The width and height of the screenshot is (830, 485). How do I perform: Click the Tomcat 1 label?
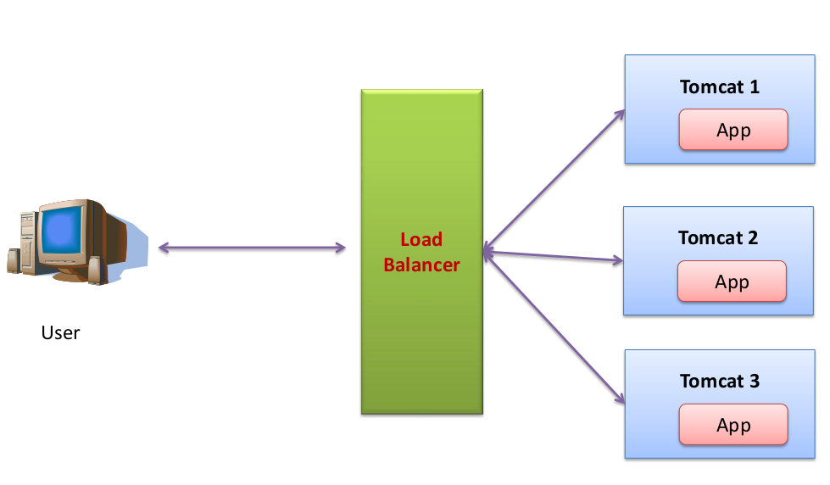click(x=719, y=86)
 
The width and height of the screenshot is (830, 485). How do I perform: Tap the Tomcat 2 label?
click(x=717, y=238)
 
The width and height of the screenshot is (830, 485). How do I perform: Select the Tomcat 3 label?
click(x=719, y=382)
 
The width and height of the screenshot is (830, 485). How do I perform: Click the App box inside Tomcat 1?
click(x=733, y=131)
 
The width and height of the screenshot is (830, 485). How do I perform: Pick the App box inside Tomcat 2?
click(x=732, y=282)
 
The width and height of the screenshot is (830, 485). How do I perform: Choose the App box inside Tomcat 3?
click(x=733, y=425)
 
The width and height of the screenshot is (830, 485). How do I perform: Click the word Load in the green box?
click(x=421, y=240)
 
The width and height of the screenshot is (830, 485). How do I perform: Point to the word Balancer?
click(x=421, y=265)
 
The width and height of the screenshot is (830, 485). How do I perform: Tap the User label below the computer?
click(x=60, y=332)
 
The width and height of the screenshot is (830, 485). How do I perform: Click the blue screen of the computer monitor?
click(x=61, y=231)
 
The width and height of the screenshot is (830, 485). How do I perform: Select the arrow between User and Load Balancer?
click(x=252, y=248)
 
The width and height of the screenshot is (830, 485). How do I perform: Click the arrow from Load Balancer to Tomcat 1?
click(x=554, y=180)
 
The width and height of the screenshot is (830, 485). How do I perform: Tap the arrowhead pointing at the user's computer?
click(x=164, y=248)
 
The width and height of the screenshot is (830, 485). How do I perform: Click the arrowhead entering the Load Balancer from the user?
click(x=341, y=248)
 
